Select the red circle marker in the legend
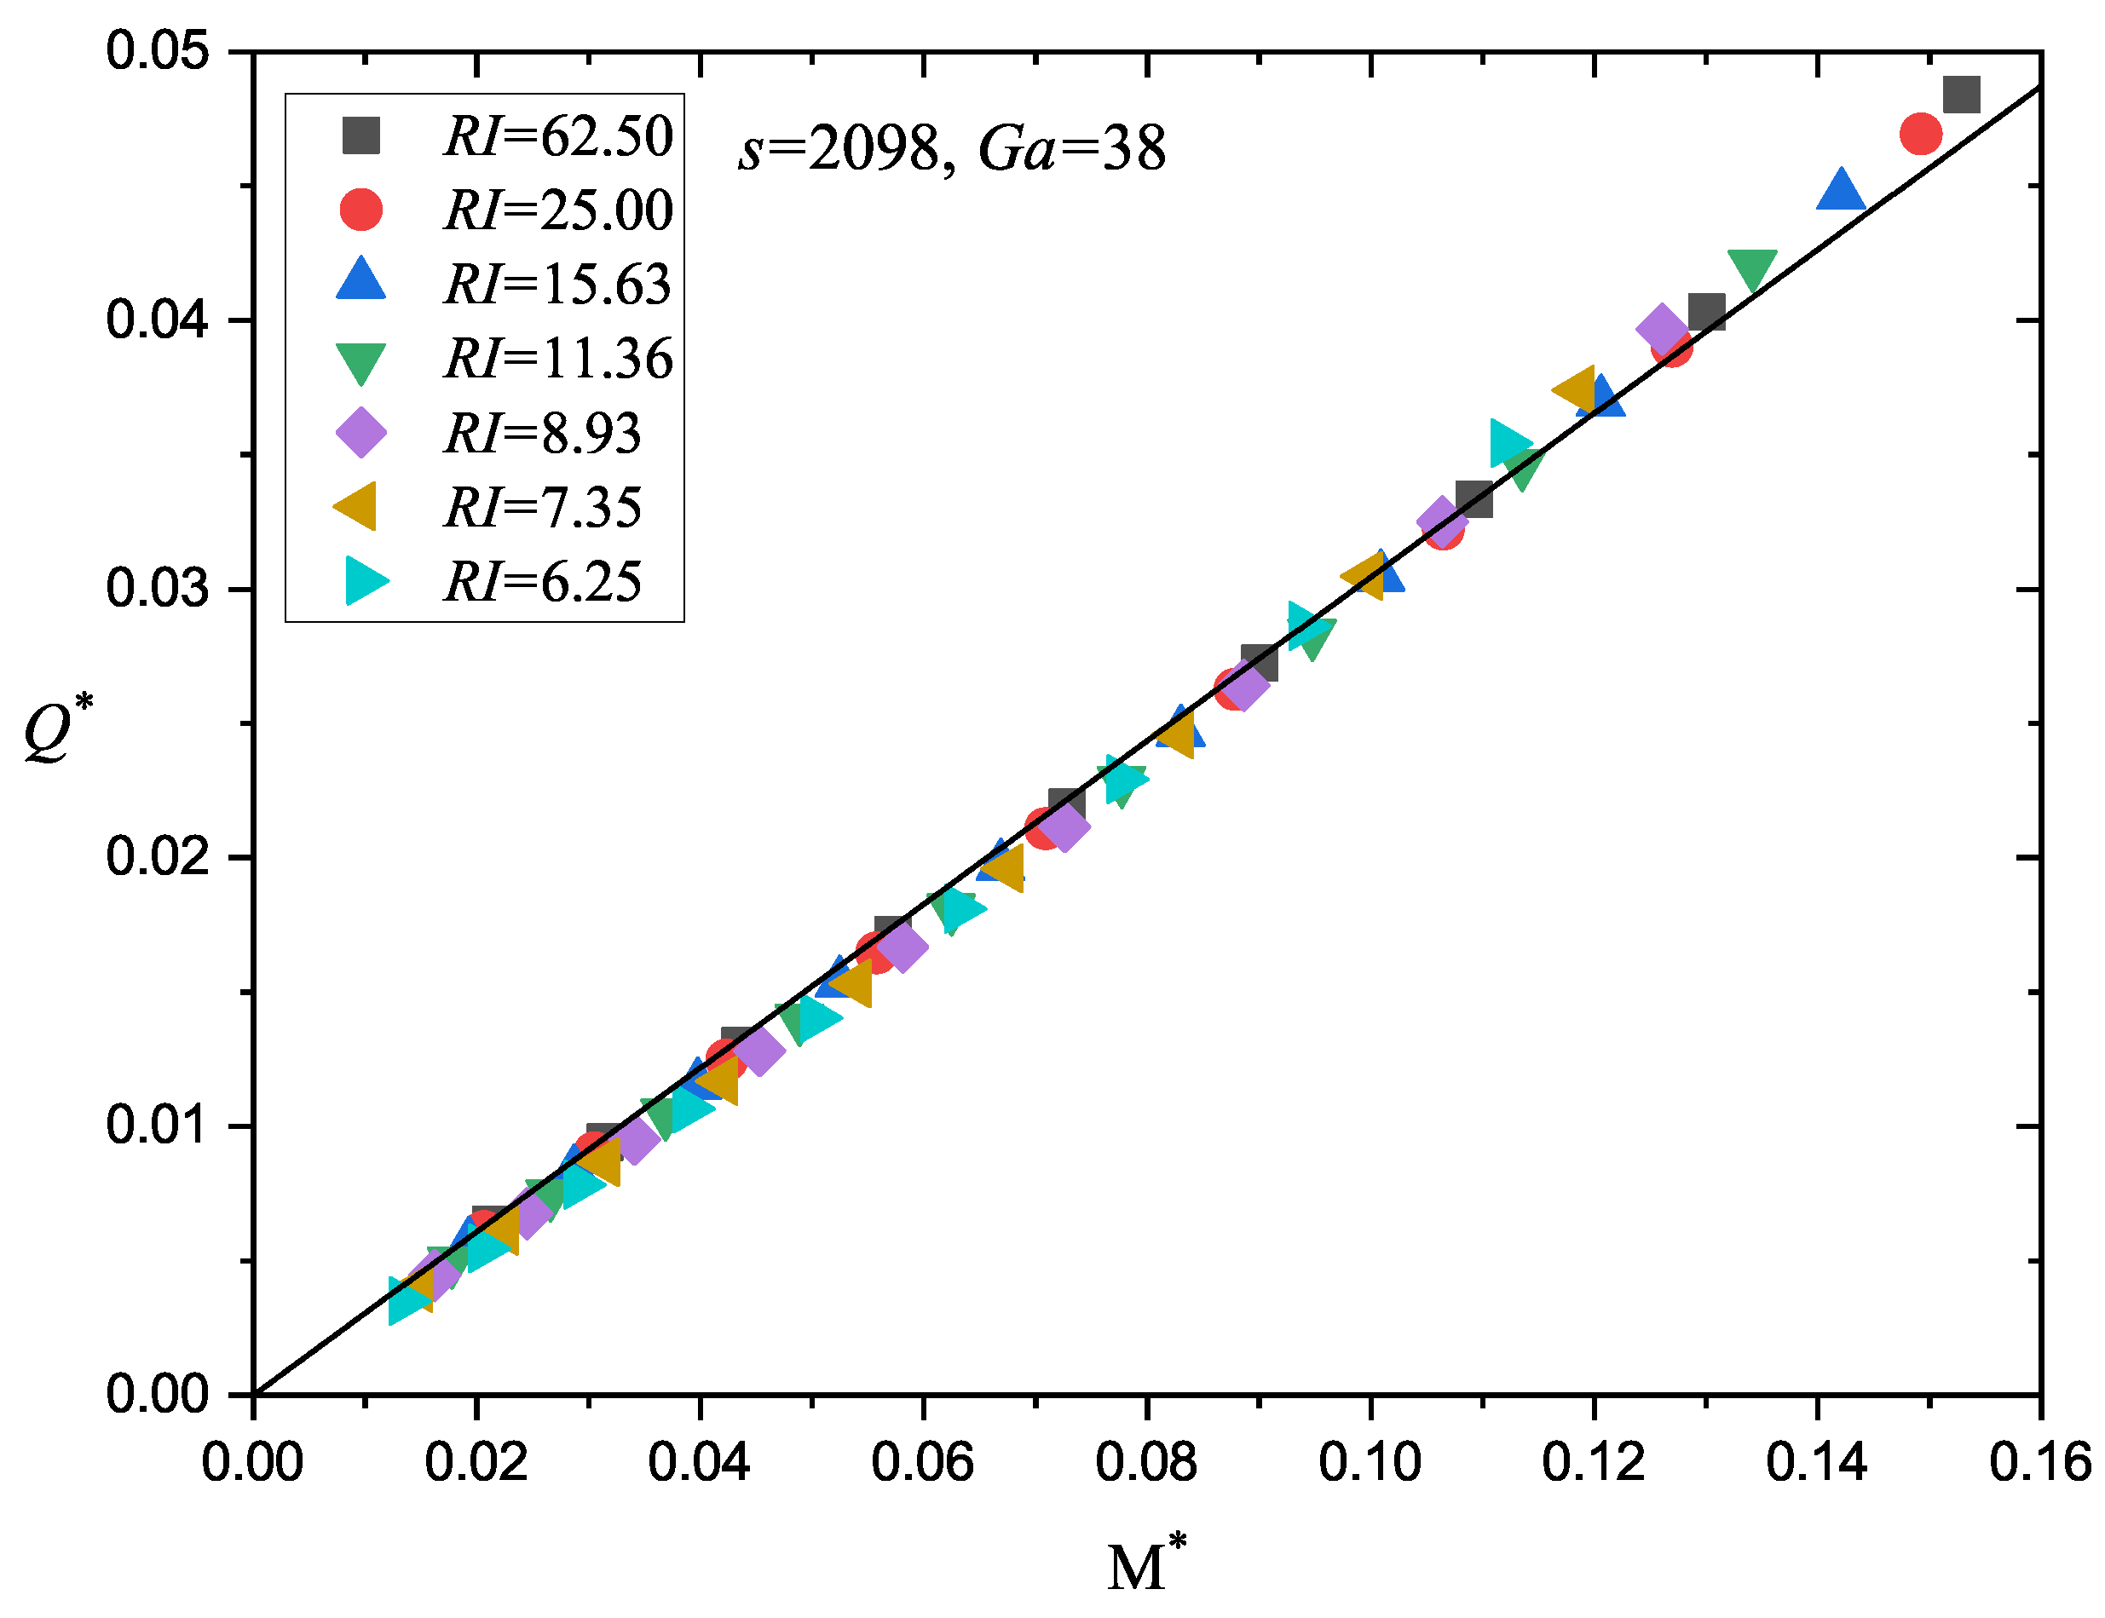pos(361,209)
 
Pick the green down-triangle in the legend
pos(361,361)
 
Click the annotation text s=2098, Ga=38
pos(951,149)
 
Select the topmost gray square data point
pos(1960,95)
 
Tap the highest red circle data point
pos(1920,133)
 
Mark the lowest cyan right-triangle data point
pos(408,1301)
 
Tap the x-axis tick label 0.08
pos(1145,1463)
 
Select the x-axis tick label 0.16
pos(2039,1463)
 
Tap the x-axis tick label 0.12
pos(1593,1463)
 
